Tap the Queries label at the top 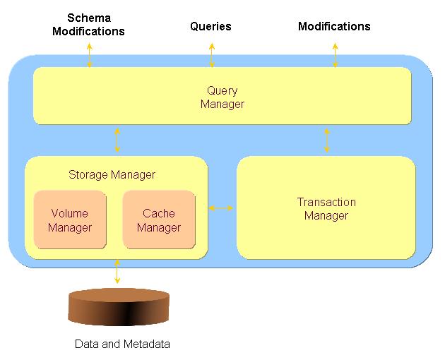[210, 27]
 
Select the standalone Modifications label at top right [334, 27]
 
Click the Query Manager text [222, 97]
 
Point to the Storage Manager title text [112, 174]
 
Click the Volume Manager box [71, 220]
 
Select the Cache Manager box [159, 220]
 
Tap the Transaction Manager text [326, 209]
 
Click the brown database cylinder [119, 308]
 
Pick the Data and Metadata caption [122, 344]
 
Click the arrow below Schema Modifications [90, 55]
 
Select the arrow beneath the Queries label [212, 55]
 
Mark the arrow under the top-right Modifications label [335, 55]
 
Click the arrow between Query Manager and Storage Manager [117, 140]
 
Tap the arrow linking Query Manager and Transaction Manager [326, 140]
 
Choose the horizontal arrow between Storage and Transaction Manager [222, 208]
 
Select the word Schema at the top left [88, 18]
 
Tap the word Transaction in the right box [326, 202]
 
